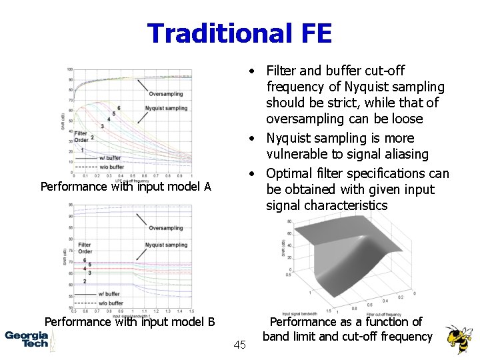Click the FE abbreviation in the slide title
click(312, 33)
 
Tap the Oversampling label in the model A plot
click(166, 94)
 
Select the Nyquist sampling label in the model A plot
click(166, 108)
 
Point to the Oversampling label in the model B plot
click(166, 228)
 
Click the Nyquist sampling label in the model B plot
click(166, 245)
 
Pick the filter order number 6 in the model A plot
click(118, 108)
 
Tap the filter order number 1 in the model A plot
click(81, 150)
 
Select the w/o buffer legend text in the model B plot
click(111, 303)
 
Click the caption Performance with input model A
click(125, 187)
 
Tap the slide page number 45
click(240, 345)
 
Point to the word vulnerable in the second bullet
click(297, 155)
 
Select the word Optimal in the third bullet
click(287, 173)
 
